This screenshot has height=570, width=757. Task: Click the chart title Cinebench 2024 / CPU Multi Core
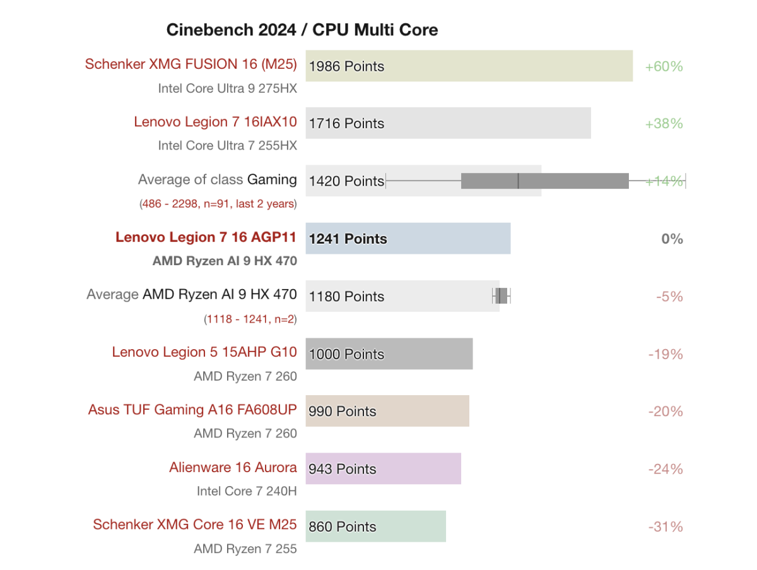click(302, 30)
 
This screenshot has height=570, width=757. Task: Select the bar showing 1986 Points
click(469, 66)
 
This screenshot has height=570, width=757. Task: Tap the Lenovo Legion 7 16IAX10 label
click(215, 122)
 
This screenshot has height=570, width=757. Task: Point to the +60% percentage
click(664, 66)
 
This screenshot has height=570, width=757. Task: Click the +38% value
click(664, 124)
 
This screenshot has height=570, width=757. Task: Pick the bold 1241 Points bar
click(408, 239)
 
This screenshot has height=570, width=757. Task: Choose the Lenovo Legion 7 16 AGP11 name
click(206, 237)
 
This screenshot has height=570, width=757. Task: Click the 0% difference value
click(672, 239)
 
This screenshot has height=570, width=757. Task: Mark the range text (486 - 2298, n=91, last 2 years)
click(218, 204)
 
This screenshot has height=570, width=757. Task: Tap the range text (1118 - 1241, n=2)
click(250, 319)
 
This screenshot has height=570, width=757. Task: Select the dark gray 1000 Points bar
click(389, 354)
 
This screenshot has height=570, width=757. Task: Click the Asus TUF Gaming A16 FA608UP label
click(192, 410)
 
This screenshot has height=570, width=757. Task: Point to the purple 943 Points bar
click(384, 469)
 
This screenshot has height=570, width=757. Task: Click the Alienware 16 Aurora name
click(233, 468)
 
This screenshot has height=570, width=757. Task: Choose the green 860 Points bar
click(376, 526)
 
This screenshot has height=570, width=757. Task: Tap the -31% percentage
click(665, 527)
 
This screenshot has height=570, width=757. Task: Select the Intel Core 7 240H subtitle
click(247, 491)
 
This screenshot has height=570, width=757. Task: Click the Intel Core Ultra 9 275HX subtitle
click(227, 89)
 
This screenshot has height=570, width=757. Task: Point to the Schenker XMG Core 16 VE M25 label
click(194, 525)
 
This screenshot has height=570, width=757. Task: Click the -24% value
click(665, 470)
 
